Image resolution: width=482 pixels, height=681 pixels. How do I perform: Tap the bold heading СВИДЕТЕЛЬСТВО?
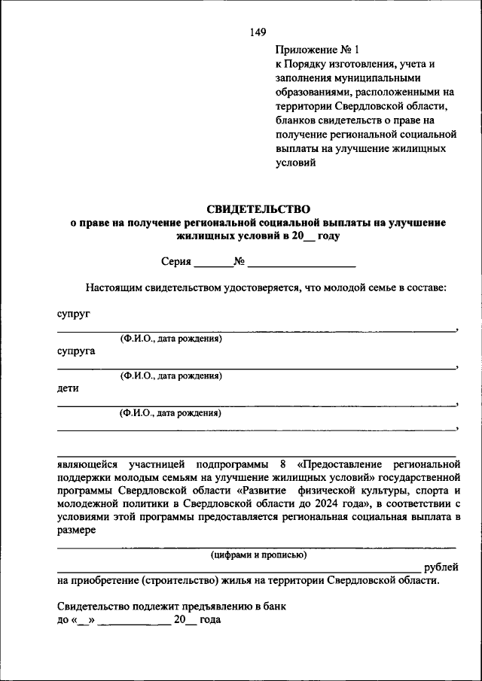pos(258,208)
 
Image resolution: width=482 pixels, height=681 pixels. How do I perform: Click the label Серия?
pos(175,262)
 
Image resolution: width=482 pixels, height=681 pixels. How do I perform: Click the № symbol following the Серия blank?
pos(239,262)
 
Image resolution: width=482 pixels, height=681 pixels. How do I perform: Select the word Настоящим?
pos(111,287)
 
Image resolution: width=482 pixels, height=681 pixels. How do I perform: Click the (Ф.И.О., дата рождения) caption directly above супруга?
pos(170,339)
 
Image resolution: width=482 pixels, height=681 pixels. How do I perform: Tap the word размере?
pos(76,531)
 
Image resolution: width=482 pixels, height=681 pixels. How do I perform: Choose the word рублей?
pos(441,567)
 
